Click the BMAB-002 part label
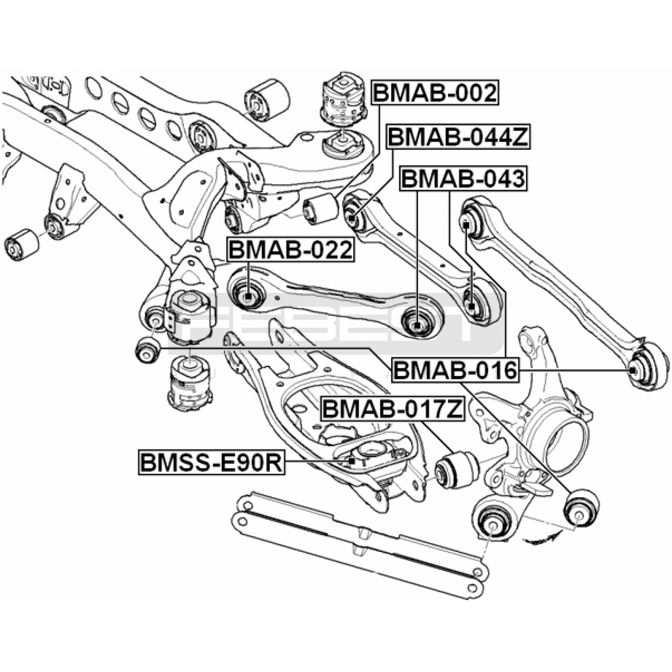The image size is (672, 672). (x=435, y=93)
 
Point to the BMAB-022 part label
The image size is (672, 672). (x=290, y=250)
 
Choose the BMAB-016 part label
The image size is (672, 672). (x=455, y=370)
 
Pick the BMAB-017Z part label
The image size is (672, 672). (x=392, y=409)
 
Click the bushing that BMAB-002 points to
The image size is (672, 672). (x=321, y=208)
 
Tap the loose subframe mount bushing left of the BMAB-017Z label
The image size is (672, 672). (x=190, y=381)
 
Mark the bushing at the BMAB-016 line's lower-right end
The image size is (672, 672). (x=581, y=507)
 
